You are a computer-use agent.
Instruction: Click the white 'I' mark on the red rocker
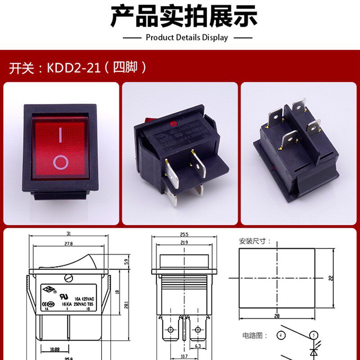60,135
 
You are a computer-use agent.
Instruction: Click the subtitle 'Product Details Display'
187,38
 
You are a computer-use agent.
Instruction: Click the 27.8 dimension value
68,243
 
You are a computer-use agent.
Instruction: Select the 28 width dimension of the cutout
276,316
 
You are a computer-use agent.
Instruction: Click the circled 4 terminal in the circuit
281,335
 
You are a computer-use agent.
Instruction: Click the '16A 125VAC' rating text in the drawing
84,298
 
